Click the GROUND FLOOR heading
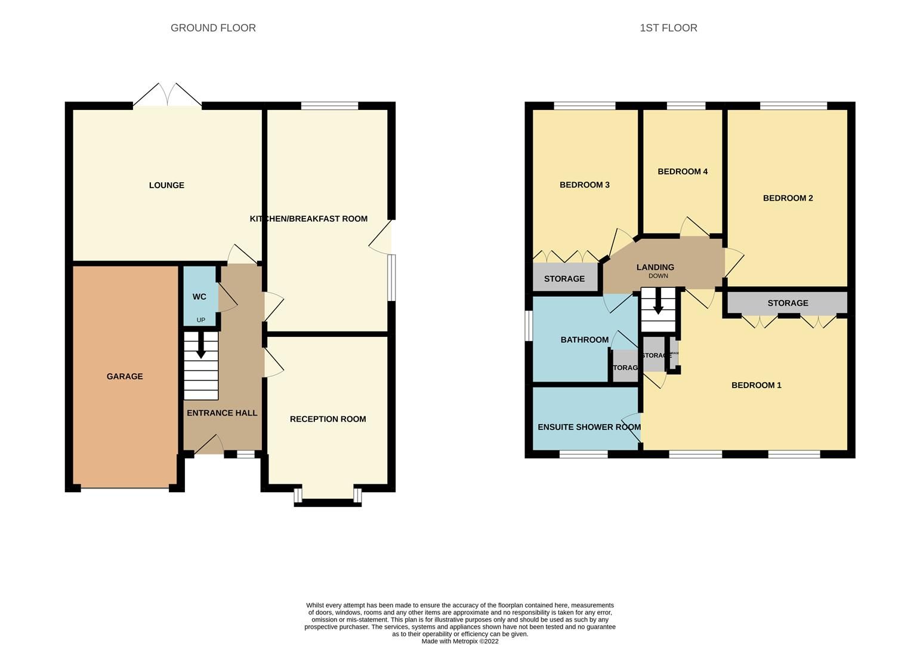[213, 28]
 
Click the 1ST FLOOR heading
[668, 28]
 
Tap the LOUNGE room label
[166, 185]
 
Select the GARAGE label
[125, 376]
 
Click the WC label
[199, 297]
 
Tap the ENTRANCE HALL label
[222, 413]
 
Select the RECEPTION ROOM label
[328, 419]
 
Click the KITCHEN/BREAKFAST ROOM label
[308, 219]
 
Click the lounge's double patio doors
[167, 96]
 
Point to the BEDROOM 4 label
[683, 171]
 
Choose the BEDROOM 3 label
[584, 185]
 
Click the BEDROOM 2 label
[788, 198]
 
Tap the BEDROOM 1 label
[756, 385]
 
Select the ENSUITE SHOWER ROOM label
[589, 427]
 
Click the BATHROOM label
[584, 340]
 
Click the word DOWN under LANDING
[658, 276]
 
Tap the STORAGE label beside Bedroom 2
[788, 303]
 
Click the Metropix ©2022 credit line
[459, 641]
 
